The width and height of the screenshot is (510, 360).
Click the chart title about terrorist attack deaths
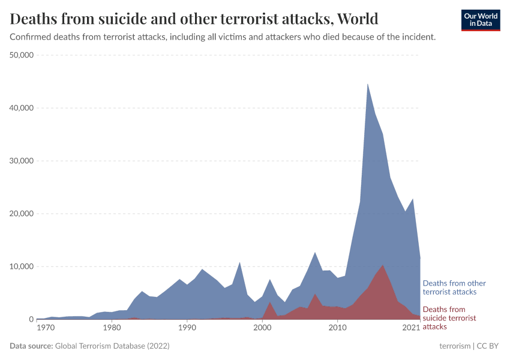point(194,19)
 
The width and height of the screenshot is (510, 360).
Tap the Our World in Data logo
point(480,20)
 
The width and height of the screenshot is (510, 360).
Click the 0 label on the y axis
point(30,319)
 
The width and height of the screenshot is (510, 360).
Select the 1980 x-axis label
point(112,328)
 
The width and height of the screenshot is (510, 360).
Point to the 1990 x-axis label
point(187,328)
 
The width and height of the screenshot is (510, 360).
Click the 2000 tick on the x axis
point(262,328)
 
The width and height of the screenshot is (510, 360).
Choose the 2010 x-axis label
point(338,328)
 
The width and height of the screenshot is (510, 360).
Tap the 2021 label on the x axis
point(411,328)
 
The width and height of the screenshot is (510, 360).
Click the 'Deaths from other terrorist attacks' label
point(454,287)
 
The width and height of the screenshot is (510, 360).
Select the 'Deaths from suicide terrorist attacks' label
point(449,318)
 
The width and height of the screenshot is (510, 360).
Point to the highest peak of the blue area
point(368,84)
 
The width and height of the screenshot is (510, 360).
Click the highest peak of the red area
point(383,265)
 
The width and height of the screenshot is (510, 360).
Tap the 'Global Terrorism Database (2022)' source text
point(112,346)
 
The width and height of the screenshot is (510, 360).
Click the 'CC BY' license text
point(488,346)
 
